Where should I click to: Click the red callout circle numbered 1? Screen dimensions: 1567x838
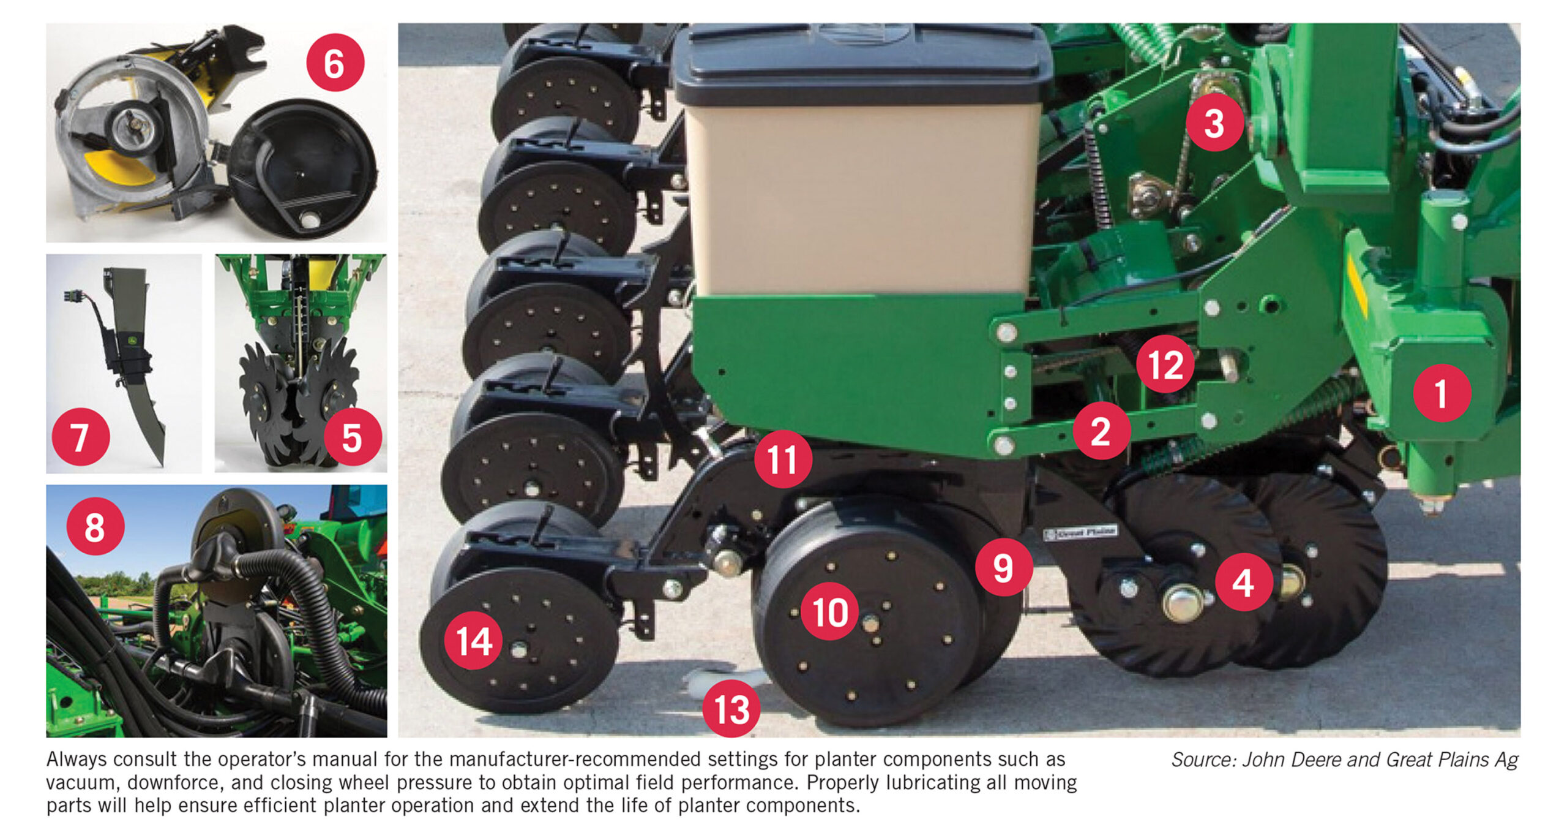tap(1442, 393)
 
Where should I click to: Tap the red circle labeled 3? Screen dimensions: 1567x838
tap(1214, 123)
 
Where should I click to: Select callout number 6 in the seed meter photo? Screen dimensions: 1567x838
tap(335, 62)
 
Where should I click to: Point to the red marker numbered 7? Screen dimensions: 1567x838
tap(80, 437)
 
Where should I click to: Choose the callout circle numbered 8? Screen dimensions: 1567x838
tap(95, 526)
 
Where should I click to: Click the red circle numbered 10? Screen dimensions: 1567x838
tap(829, 611)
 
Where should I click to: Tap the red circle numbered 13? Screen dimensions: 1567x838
tap(731, 709)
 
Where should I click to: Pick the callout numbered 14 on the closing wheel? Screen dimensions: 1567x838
tap(473, 641)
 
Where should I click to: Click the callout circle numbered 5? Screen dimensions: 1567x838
tap(352, 437)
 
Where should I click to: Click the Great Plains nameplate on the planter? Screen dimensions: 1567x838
tap(1080, 532)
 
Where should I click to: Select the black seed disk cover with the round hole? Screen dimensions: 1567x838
tap(303, 168)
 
